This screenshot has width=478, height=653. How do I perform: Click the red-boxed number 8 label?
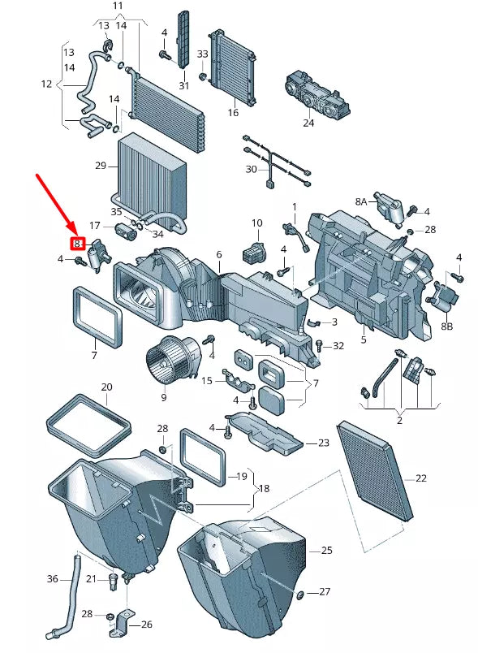[x=77, y=243]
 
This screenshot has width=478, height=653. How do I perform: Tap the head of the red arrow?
[x=76, y=234]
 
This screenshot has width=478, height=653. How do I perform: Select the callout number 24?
[x=308, y=123]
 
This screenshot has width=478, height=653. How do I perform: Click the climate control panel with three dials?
[x=318, y=93]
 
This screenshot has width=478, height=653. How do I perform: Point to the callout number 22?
[x=421, y=478]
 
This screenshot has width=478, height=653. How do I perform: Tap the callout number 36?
[x=53, y=579]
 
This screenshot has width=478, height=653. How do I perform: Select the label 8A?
[x=361, y=201]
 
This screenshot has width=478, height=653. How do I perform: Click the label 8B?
[x=446, y=326]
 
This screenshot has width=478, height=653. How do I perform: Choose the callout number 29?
[x=101, y=166]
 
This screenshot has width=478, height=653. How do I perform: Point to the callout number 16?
[x=233, y=112]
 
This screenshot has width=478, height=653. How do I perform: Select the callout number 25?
[x=326, y=550]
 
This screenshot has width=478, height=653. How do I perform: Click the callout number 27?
[x=325, y=591]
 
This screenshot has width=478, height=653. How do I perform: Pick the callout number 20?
[x=106, y=387]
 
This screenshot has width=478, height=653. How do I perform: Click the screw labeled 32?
[x=320, y=345]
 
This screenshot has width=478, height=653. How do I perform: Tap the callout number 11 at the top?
[x=118, y=6]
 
